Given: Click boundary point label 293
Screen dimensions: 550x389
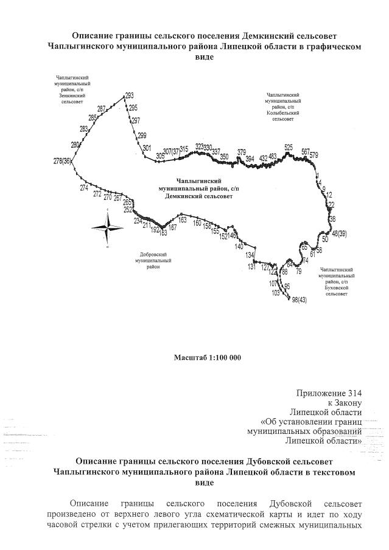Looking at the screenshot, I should click(x=129, y=95).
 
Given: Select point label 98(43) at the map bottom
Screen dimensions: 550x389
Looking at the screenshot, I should click(x=300, y=300).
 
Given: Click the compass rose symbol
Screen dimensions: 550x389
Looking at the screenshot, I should click(x=107, y=228).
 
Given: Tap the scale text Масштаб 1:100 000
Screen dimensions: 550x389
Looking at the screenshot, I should click(x=208, y=357).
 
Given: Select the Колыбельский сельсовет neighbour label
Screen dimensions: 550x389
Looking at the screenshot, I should click(x=282, y=107).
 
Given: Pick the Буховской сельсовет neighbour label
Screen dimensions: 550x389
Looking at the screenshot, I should click(x=337, y=281).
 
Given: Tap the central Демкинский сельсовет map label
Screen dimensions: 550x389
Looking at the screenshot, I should click(x=198, y=188).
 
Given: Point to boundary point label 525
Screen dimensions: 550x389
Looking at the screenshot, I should click(x=289, y=147).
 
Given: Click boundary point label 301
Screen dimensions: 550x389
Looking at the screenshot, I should click(x=147, y=148).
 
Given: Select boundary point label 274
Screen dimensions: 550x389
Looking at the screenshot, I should click(x=84, y=188).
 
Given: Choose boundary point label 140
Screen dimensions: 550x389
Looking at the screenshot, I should click(x=239, y=247).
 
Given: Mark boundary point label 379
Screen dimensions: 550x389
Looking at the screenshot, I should click(x=242, y=152).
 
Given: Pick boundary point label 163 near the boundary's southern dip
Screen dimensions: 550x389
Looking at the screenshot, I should click(x=163, y=232).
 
